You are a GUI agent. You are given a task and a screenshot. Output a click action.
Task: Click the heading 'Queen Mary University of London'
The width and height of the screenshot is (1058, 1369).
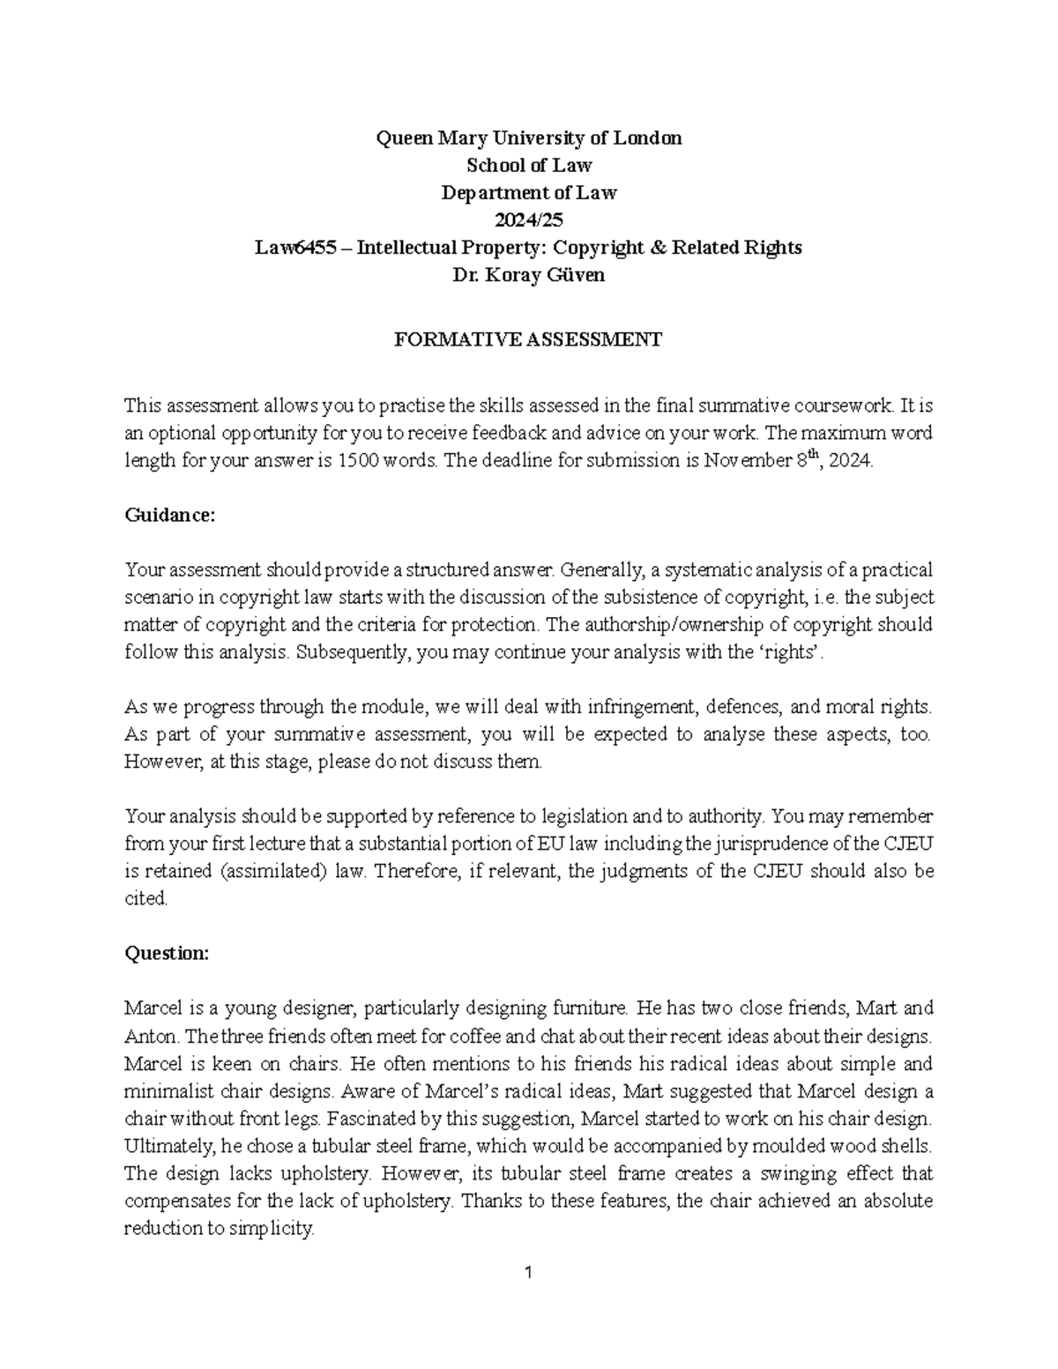(x=529, y=138)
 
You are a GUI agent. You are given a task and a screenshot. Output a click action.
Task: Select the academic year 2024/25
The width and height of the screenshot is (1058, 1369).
(x=529, y=220)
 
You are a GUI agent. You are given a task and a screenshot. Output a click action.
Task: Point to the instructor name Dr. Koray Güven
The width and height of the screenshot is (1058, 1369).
(x=529, y=275)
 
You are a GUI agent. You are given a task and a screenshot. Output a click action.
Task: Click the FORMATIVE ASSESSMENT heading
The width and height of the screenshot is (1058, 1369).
(x=529, y=339)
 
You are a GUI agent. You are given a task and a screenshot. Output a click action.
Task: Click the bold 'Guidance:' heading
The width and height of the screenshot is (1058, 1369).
(x=169, y=516)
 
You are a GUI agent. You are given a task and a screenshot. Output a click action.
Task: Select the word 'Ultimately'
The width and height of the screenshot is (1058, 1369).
(x=164, y=1146)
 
